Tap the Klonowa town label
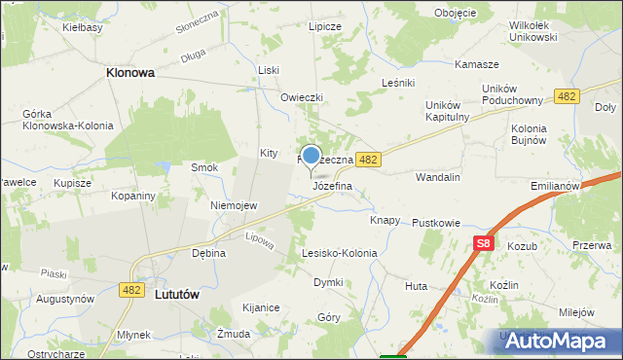[131, 72]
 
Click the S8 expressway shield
[483, 243]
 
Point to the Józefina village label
[331, 185]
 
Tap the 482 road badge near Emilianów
[567, 95]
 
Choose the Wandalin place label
[437, 178]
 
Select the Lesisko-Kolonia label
[339, 253]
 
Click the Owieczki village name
[301, 97]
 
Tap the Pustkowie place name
[435, 223]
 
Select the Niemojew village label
[234, 206]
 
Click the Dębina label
[208, 253]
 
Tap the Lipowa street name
[259, 236]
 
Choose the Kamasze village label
[477, 64]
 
